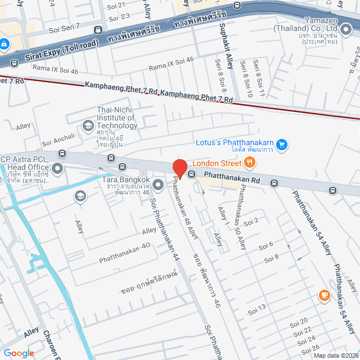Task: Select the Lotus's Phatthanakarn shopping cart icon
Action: coord(282,145)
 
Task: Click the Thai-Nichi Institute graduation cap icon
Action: coord(88,125)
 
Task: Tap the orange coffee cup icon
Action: coord(324,295)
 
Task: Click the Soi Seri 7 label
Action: coord(65,26)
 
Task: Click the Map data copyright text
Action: coord(336,355)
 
